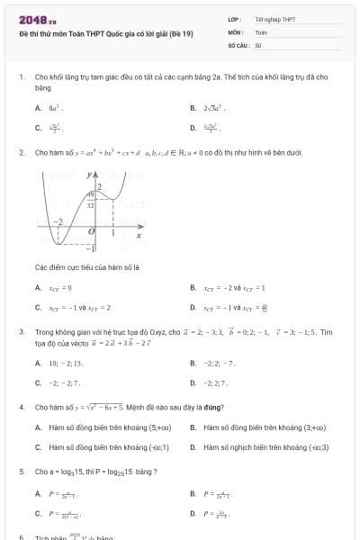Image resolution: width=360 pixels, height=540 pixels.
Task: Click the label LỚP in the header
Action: (x=233, y=19)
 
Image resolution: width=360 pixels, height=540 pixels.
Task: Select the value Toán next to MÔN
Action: (x=261, y=31)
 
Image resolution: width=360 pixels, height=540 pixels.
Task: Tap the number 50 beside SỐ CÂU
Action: (x=257, y=44)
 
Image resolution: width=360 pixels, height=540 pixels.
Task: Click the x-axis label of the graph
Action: (x=139, y=236)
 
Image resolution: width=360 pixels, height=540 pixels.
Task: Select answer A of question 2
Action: (x=53, y=288)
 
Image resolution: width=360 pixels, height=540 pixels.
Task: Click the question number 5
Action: (x=21, y=472)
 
